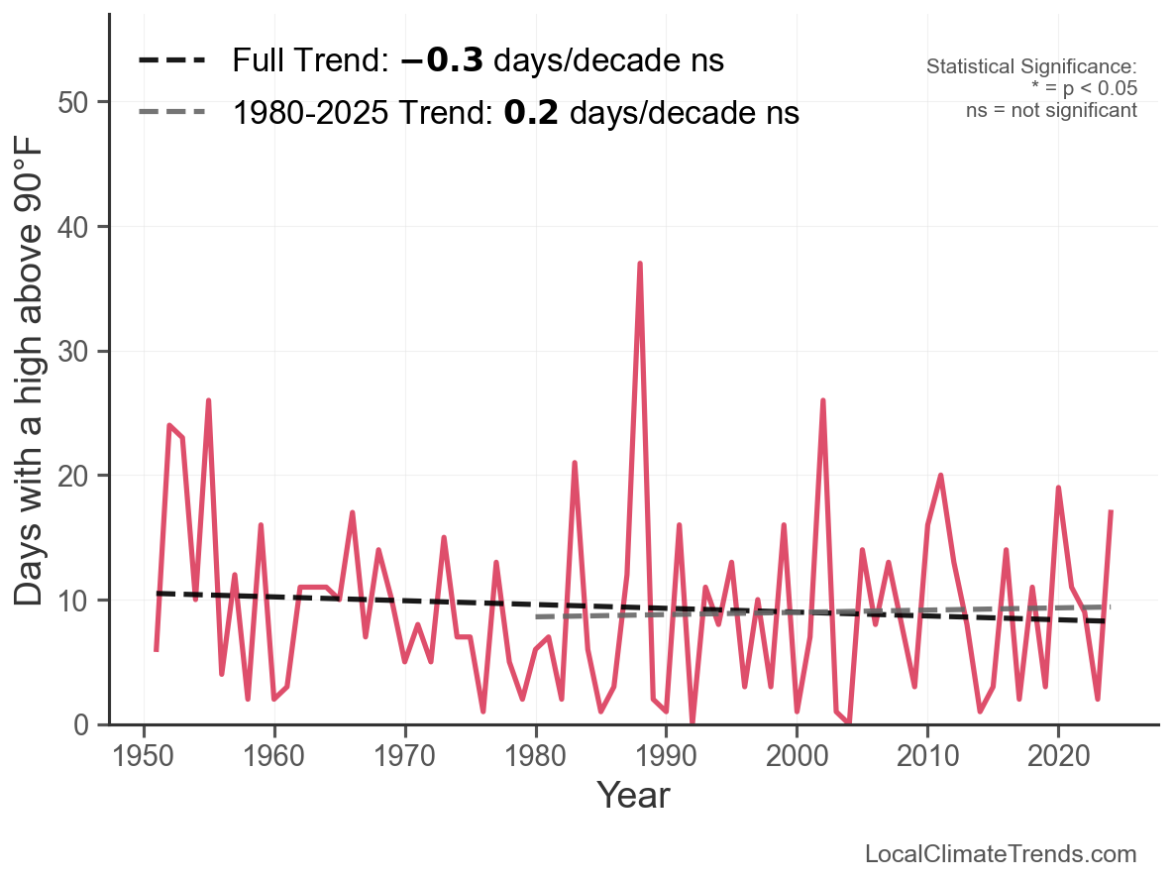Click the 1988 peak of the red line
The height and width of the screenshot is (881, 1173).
tap(640, 264)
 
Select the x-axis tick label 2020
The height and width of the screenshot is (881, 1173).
tap(1058, 757)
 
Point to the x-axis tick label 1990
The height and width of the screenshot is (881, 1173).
tap(666, 757)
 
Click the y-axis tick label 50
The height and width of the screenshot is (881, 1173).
tap(76, 102)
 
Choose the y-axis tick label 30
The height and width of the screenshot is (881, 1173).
tap(76, 352)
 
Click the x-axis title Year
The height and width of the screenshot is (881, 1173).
tap(633, 795)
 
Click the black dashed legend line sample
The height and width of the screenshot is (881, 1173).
tap(171, 61)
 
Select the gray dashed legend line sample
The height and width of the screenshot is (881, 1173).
tap(171, 112)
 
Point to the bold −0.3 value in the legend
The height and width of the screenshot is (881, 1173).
tap(442, 61)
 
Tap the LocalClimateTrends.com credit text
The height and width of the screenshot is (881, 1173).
tap(1001, 854)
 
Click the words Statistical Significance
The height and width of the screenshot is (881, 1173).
tap(1031, 67)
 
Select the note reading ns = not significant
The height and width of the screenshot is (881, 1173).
tap(1051, 110)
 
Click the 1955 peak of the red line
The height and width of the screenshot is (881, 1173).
tap(208, 400)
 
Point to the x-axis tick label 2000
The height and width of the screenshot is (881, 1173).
tap(797, 757)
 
